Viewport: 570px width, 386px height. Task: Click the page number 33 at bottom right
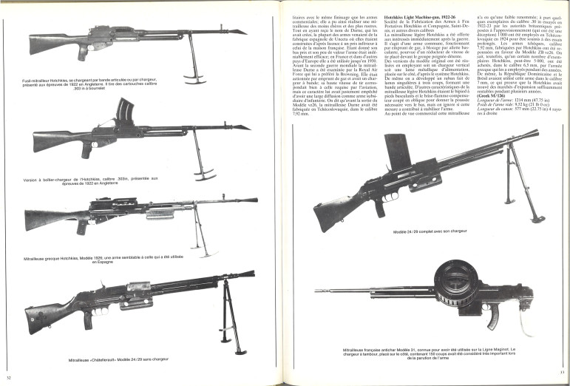pyautogui.click(x=562, y=371)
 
